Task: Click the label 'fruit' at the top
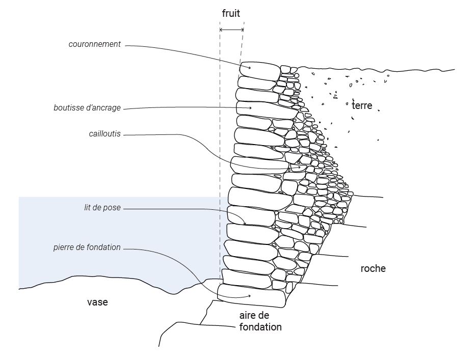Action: coord(230,14)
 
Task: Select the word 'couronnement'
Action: coord(95,44)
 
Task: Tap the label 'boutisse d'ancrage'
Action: coord(87,108)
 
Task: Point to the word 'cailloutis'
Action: coord(104,134)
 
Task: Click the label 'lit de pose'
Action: coord(102,208)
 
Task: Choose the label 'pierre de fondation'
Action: coord(87,247)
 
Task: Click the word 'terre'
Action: coord(362,106)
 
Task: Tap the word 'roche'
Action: coord(373,268)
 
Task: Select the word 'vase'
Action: coord(97,302)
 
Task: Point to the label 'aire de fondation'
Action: coord(260,321)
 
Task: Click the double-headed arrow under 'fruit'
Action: coord(231,31)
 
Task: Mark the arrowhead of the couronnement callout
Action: coord(250,67)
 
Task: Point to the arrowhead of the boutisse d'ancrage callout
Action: coord(250,108)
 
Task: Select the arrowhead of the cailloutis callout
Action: coord(299,167)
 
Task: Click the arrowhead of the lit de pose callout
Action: coord(245,224)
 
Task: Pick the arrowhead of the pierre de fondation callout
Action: coord(250,296)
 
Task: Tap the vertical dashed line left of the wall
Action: coord(220,153)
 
